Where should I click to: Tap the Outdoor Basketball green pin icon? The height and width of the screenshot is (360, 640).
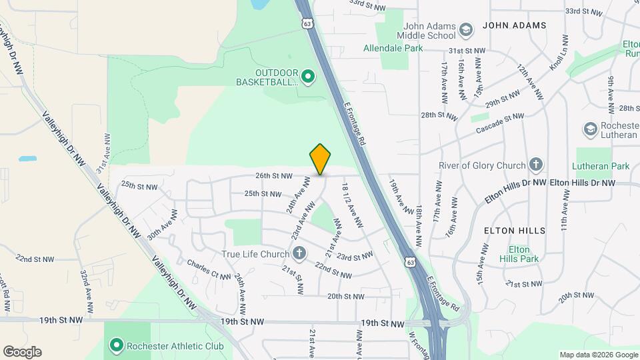307,77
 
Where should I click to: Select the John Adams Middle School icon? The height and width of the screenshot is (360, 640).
465,30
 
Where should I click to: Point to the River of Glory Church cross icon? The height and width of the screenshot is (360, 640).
535,165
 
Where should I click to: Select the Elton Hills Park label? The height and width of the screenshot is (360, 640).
514,255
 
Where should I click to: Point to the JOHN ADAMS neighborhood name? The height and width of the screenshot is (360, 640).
514,25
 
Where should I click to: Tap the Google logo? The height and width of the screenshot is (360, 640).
22,352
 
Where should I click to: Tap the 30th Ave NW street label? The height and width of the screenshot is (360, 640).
162,225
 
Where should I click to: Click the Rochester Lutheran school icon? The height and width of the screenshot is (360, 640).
590,128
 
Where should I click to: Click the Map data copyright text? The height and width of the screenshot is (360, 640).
597,355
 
